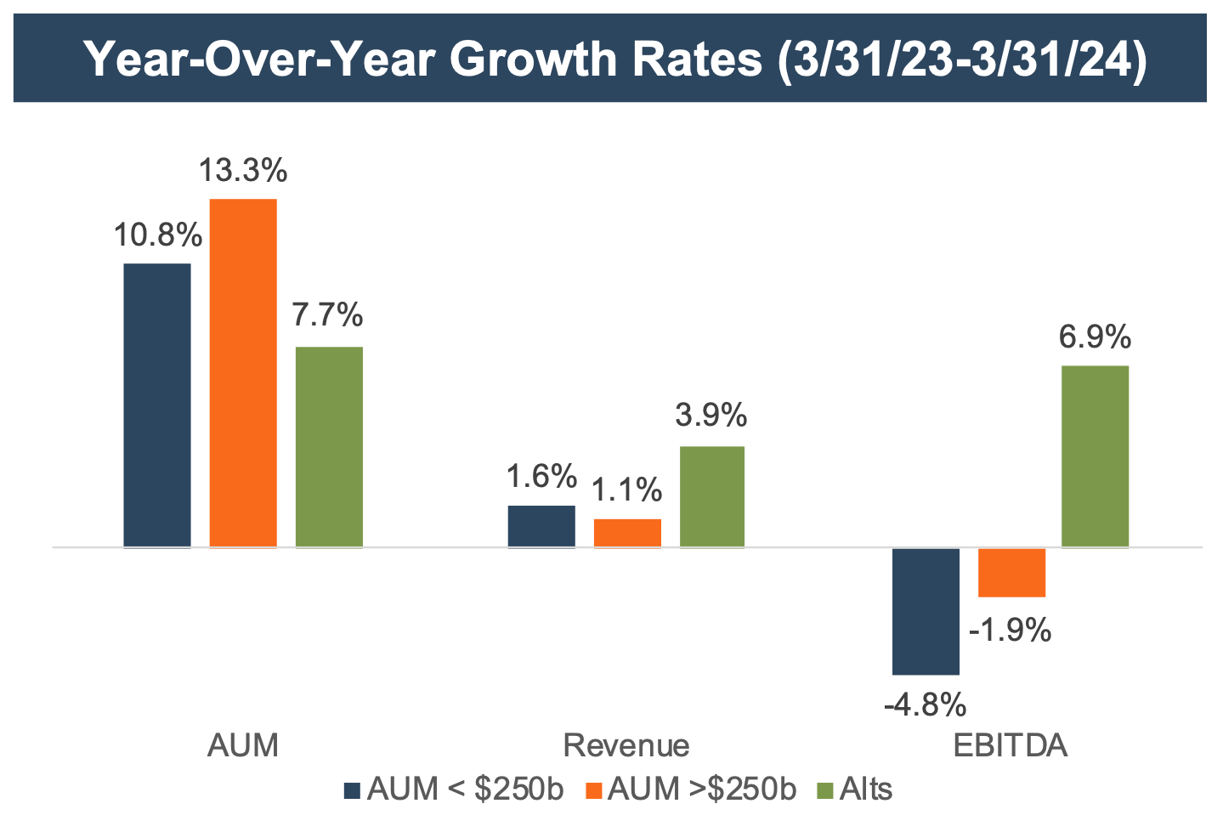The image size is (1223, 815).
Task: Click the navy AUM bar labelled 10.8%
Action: point(157,405)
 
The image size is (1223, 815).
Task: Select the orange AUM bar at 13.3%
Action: point(243,372)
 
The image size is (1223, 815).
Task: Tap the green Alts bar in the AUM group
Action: point(329,446)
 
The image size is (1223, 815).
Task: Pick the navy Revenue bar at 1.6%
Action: point(541,526)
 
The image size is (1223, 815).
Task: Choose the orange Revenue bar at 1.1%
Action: point(627,533)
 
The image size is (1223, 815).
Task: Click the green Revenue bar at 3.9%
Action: point(712,496)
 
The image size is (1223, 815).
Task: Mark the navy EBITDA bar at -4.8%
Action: point(926,611)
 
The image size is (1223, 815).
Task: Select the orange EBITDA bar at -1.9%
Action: point(1011,573)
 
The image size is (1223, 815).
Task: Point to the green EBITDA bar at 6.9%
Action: point(1096,456)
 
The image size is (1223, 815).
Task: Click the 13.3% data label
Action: point(243,171)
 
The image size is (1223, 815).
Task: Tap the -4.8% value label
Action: point(925,705)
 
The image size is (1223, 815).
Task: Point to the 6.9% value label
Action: point(1096,337)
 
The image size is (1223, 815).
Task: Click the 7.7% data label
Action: point(328,315)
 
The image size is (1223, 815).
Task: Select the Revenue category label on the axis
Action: point(626,745)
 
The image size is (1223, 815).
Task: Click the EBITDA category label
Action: point(1010,745)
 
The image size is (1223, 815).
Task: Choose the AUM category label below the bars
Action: point(243,745)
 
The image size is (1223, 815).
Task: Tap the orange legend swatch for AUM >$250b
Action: point(594,790)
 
